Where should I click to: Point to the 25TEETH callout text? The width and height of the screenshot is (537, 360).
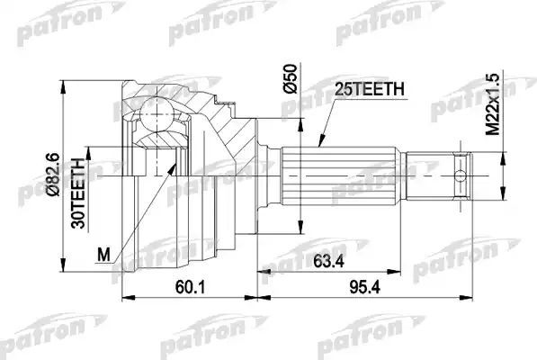(369, 87)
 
